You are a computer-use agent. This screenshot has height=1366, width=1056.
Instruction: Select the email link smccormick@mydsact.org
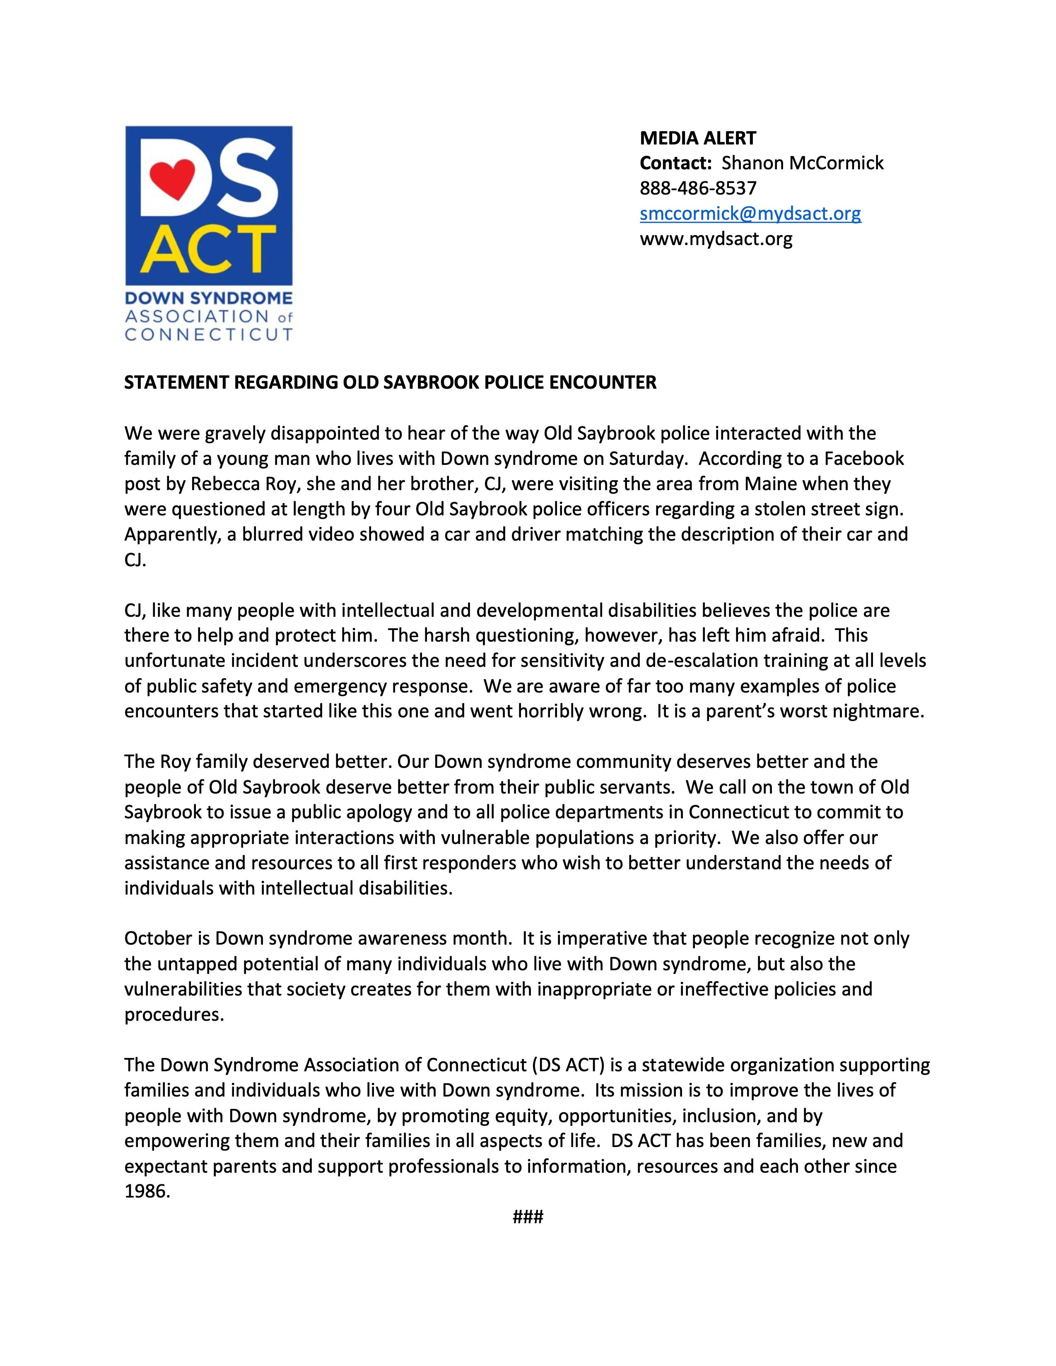pyautogui.click(x=750, y=214)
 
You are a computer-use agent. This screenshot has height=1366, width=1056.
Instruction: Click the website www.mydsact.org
pyautogui.click(x=716, y=239)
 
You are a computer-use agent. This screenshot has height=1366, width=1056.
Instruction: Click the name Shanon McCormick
pyautogui.click(x=803, y=163)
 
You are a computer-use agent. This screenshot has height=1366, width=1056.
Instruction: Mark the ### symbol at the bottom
pyautogui.click(x=527, y=1217)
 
